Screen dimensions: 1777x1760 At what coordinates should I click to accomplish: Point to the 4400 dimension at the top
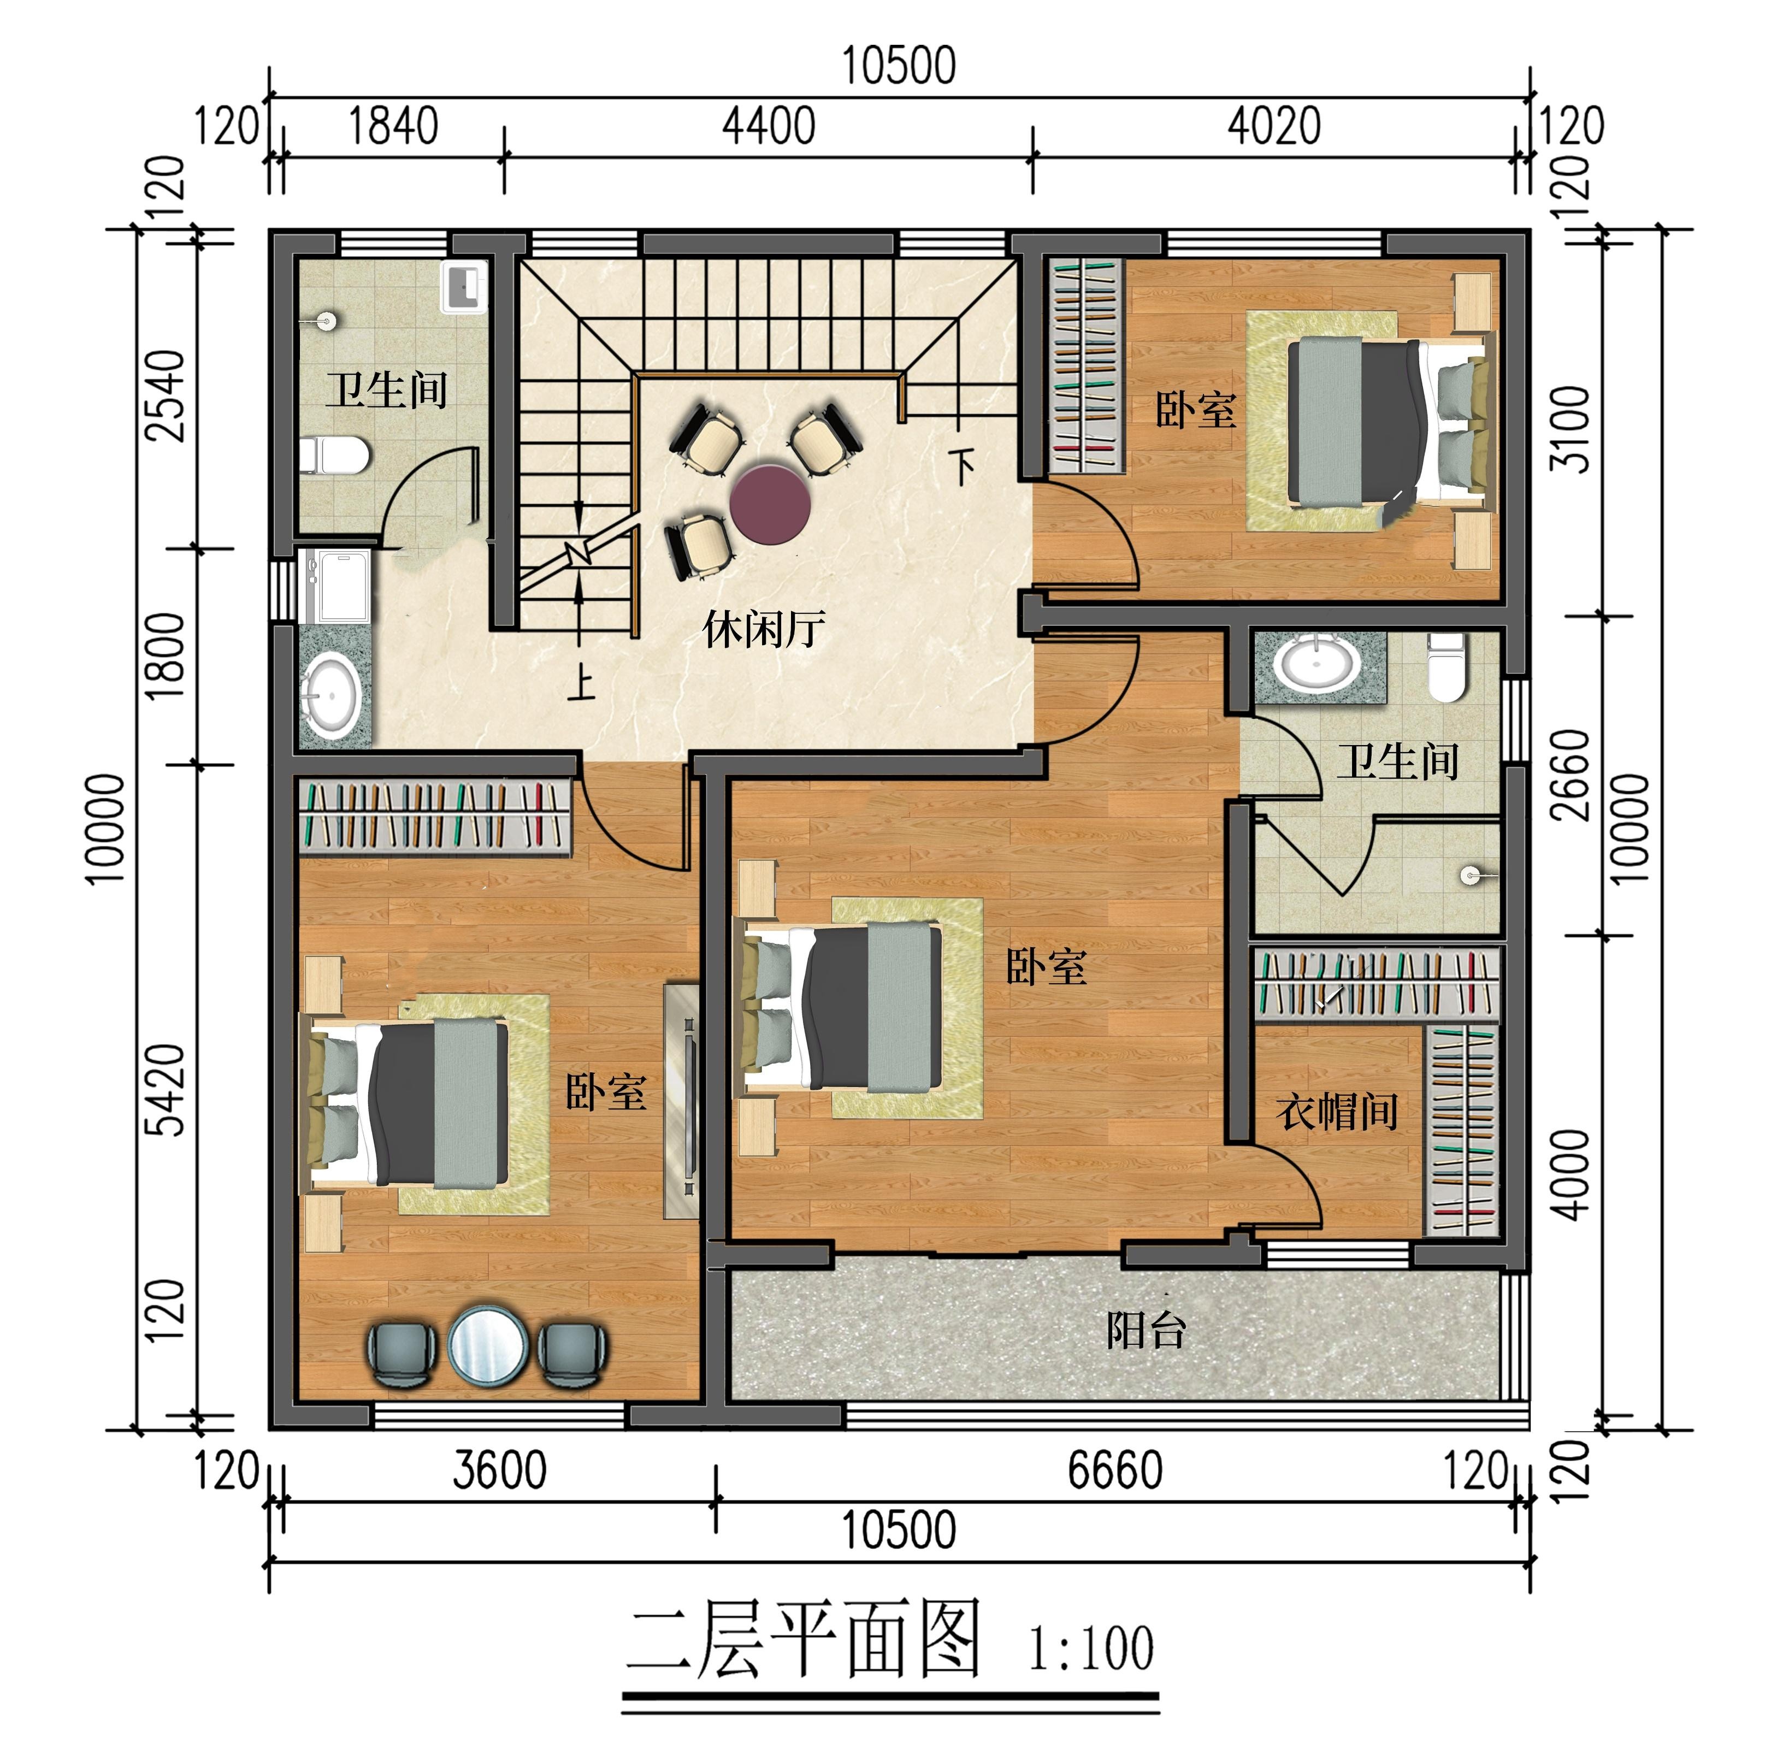pos(768,126)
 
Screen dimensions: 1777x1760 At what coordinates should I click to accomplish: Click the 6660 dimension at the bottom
pos(1115,1469)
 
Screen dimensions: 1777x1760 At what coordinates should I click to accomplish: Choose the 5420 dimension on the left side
pos(167,1090)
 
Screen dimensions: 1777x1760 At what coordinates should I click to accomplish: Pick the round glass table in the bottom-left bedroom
pos(487,1343)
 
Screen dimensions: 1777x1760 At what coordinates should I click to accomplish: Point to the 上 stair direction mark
pos(580,682)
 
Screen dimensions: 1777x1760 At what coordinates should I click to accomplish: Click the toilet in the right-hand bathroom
pos(1445,666)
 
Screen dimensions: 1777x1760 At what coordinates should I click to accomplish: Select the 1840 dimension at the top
pos(393,126)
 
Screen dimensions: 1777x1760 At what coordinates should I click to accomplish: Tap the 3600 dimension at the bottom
pos(499,1469)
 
